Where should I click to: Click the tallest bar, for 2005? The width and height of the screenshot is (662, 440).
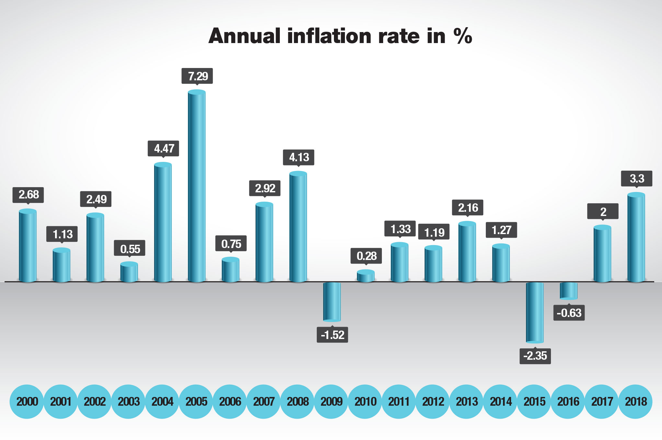[x=197, y=186]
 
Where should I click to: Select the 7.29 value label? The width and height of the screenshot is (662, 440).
[x=197, y=76]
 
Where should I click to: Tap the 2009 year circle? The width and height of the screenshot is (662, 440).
[x=331, y=401]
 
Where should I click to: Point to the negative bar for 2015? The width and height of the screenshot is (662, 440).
[x=535, y=312]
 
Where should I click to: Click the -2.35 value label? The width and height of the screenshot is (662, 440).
[x=535, y=356]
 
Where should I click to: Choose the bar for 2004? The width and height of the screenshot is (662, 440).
[x=163, y=222]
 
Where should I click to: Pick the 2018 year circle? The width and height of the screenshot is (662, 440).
[x=635, y=401]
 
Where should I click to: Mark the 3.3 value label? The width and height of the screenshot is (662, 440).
[x=636, y=178]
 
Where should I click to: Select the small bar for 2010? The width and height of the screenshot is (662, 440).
[x=366, y=276]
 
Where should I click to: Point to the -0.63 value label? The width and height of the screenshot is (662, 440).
[x=569, y=313]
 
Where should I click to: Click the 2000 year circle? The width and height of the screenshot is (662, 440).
[x=27, y=401]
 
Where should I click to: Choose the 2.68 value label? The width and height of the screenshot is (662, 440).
[x=28, y=195]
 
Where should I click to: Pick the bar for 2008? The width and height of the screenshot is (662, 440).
[x=298, y=227]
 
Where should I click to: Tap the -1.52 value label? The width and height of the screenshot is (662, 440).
[x=332, y=335]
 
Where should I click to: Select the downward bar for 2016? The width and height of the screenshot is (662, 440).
[x=568, y=290]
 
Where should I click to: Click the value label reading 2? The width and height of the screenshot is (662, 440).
[x=603, y=211]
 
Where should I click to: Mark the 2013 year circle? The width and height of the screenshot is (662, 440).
[x=467, y=401]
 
